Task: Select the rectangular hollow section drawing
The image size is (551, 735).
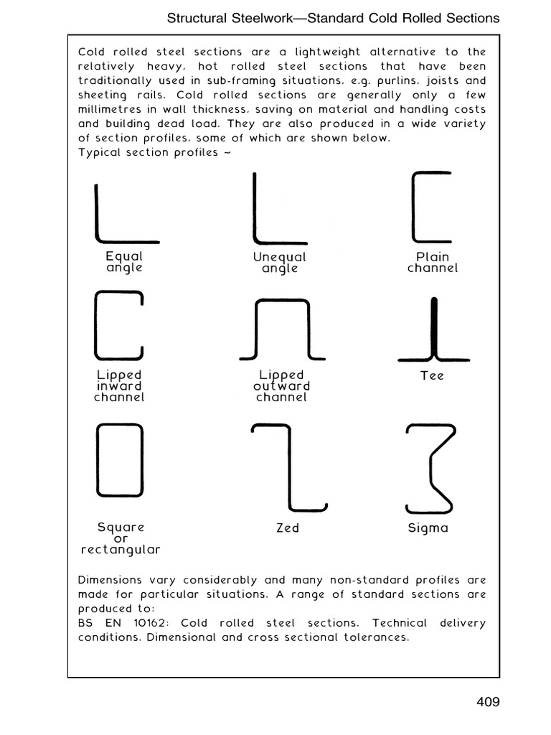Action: coord(120,459)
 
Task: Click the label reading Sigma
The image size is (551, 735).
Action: coord(428,528)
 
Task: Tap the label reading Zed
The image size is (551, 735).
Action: coord(287,528)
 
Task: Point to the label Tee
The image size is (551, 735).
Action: coord(433,375)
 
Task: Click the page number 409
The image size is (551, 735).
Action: coord(487,701)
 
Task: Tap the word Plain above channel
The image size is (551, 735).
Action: coord(433,256)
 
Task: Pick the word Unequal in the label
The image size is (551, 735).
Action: coord(279,256)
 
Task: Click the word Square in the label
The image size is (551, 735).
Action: coord(121,528)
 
